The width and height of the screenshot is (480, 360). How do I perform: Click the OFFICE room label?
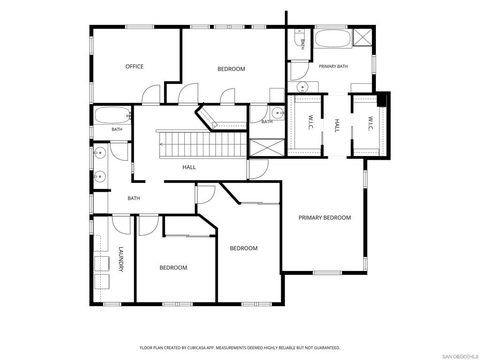(135, 67)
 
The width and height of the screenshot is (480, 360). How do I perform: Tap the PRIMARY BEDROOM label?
(324, 217)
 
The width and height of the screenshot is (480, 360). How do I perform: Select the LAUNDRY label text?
(121, 259)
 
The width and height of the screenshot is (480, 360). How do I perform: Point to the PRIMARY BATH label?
(333, 66)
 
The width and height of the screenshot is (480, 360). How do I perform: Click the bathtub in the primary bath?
(333, 38)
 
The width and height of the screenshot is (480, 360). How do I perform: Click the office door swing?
(151, 94)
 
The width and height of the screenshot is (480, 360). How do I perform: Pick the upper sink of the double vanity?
(100, 152)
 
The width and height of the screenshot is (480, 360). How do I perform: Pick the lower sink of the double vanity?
(100, 177)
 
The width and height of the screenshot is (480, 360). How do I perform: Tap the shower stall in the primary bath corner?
(362, 37)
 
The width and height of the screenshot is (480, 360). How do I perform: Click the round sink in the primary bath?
(302, 87)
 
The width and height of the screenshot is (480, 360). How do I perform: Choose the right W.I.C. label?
(370, 124)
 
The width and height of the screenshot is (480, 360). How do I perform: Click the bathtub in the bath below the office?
(112, 115)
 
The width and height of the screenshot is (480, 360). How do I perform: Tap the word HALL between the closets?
(337, 126)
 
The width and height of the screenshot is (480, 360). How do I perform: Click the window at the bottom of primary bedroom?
(327, 272)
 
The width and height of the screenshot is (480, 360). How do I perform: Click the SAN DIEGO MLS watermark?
(460, 357)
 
